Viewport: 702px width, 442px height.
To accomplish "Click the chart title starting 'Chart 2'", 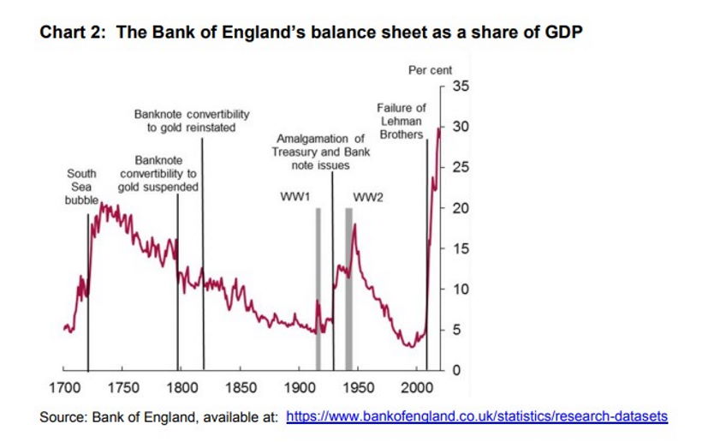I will [312, 33].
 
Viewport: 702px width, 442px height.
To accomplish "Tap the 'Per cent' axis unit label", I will [431, 70].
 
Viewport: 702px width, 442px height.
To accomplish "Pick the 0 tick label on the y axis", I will [457, 371].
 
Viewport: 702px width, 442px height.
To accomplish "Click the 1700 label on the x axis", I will [65, 388].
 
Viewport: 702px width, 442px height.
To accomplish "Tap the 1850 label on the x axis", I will [241, 388].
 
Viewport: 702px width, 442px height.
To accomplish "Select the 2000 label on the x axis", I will [419, 388].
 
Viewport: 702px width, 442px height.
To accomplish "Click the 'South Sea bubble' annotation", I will [81, 187].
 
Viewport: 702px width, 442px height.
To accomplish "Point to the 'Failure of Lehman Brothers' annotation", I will [401, 121].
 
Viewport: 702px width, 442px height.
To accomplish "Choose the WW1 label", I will [294, 197].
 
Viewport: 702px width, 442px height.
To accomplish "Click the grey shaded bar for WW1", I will [318, 283].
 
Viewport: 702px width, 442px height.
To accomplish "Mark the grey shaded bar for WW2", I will [348, 283].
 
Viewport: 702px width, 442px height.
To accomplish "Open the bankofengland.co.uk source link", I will [476, 417].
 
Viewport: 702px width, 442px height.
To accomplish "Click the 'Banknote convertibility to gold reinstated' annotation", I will [192, 120].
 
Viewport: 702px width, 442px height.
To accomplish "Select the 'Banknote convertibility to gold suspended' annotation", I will [158, 173].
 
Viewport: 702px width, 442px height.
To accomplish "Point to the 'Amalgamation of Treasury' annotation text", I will [321, 152].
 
